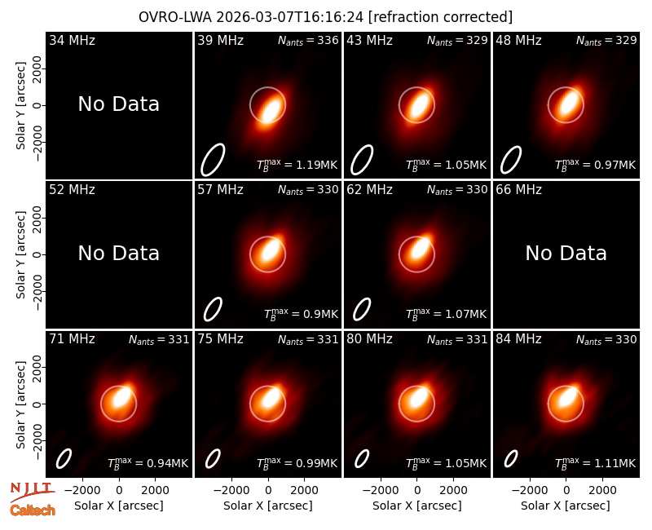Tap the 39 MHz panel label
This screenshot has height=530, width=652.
[220, 40]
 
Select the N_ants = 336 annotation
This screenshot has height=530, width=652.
[308, 40]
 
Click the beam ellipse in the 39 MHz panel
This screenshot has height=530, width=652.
[213, 160]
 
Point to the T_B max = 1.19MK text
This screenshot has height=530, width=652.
[297, 165]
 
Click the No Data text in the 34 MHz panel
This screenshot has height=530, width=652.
[118, 104]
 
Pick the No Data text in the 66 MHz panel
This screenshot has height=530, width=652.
[566, 253]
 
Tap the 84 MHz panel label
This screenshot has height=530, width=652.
[518, 339]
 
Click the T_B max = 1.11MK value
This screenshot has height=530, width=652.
[595, 463]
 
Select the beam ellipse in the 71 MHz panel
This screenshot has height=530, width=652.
[64, 459]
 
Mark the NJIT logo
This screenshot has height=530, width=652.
[33, 491]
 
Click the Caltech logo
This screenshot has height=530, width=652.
[33, 510]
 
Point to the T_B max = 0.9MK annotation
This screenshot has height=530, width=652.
[301, 314]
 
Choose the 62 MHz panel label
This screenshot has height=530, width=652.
[370, 190]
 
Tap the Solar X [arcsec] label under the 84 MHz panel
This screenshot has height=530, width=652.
[566, 506]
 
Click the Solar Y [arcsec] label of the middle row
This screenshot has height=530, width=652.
[21, 254]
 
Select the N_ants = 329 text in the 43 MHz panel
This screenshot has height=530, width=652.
[457, 40]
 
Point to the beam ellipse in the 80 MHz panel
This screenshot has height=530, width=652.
[362, 459]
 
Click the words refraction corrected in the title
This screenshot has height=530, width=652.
[440, 17]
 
